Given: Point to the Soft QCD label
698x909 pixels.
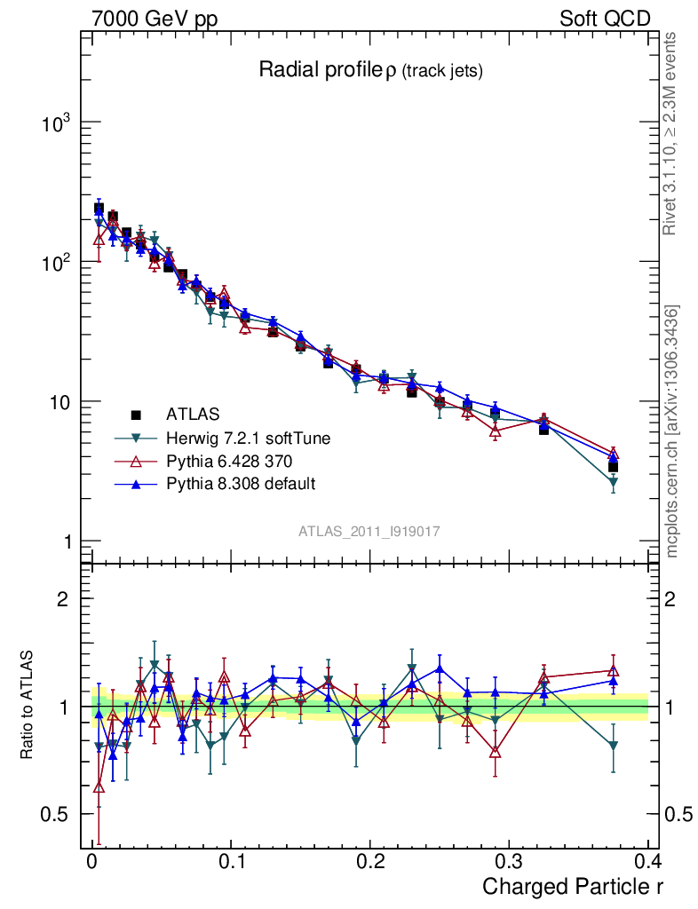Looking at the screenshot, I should click(x=605, y=19).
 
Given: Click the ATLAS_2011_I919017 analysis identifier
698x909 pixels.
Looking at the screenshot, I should click(x=369, y=531).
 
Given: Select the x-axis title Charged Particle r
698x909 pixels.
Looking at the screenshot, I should click(x=572, y=886).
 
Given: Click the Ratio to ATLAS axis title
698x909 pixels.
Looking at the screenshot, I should click(x=28, y=707).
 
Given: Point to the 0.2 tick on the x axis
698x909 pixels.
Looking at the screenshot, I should click(x=369, y=861).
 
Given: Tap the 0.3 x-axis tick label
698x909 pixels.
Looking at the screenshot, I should click(x=508, y=861).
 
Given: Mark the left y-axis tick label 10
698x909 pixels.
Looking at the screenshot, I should click(x=61, y=402).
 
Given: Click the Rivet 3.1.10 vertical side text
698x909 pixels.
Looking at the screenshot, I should click(x=671, y=133).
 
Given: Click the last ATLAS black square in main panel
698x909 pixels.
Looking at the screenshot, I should click(x=613, y=467).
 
